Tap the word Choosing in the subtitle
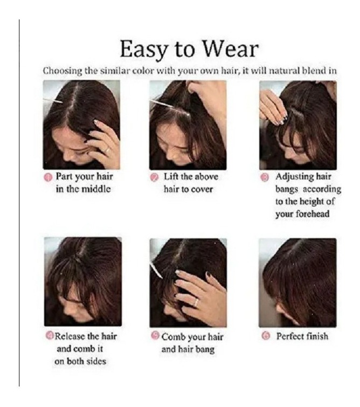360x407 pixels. tap(63, 71)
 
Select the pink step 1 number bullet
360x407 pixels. tap(49, 177)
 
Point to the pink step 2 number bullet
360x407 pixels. tap(155, 177)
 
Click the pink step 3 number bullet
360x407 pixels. tap(265, 177)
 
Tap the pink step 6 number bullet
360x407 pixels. tap(266, 336)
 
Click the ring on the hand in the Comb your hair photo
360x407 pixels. tap(196, 302)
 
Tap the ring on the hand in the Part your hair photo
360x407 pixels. tap(107, 150)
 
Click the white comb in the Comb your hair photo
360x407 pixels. tap(156, 270)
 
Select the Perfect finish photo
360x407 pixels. tap(297, 282)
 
